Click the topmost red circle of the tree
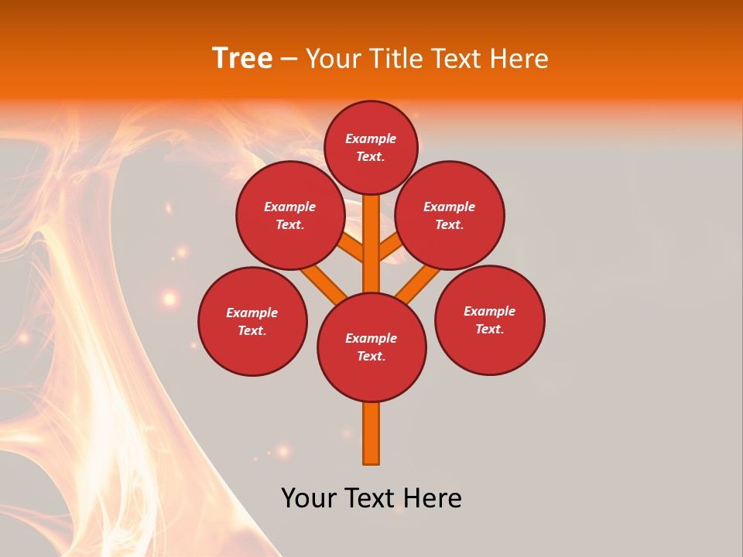(x=371, y=147)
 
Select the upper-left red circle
(x=290, y=215)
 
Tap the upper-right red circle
(x=450, y=215)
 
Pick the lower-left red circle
(x=252, y=321)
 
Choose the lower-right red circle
(x=489, y=320)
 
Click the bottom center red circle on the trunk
(x=371, y=347)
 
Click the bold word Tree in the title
(x=242, y=58)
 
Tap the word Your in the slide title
(x=332, y=58)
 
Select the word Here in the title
(x=519, y=58)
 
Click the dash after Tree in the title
(x=289, y=59)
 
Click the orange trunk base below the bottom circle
(x=371, y=433)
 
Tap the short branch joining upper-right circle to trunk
(x=389, y=247)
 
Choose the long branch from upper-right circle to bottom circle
(x=418, y=282)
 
